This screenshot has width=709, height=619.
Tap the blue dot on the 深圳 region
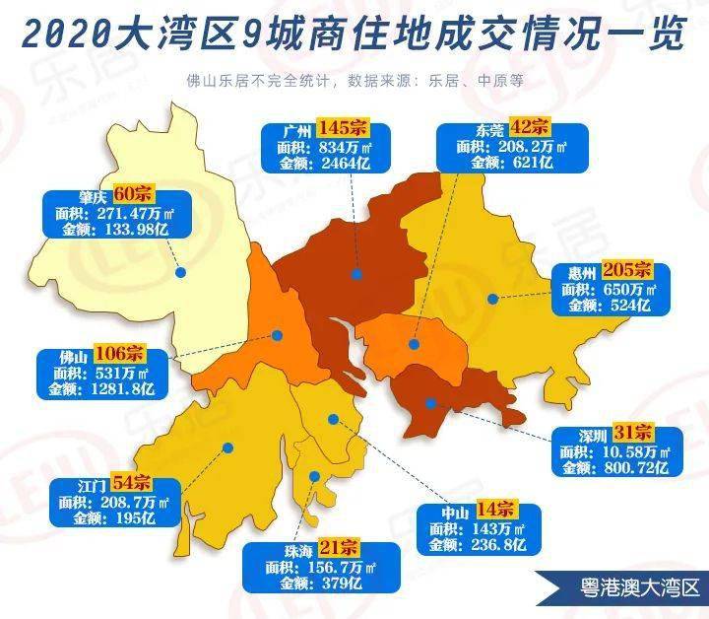coord(430,402)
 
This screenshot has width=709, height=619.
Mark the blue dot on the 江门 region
coord(228,447)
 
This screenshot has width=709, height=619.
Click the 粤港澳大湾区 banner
coord(623,588)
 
